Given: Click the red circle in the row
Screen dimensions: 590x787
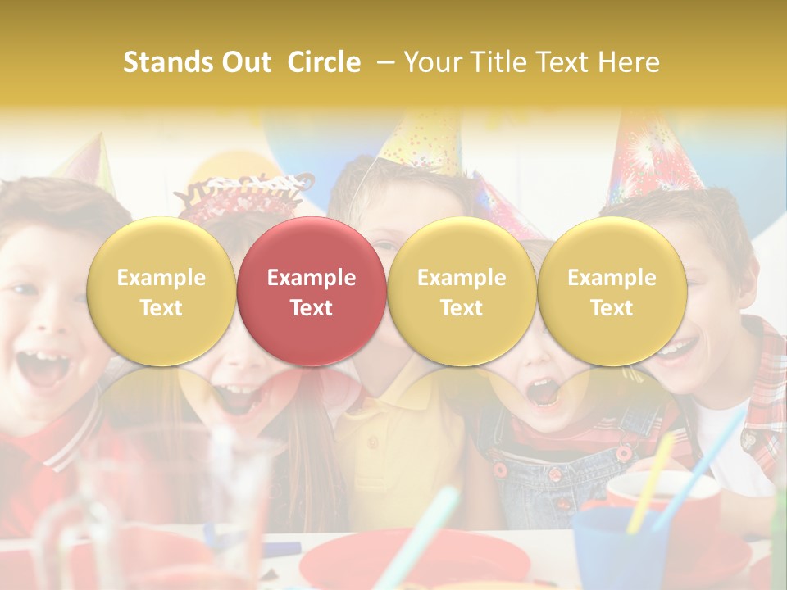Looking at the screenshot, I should click(x=311, y=291).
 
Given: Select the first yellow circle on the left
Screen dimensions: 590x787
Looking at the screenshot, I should click(x=161, y=291).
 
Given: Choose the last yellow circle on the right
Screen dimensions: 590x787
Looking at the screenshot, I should click(x=612, y=291).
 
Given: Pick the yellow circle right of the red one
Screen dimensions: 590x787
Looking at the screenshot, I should click(x=462, y=291).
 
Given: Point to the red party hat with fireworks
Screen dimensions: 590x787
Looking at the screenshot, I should click(x=648, y=156).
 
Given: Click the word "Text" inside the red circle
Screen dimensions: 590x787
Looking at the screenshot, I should click(x=312, y=308).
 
